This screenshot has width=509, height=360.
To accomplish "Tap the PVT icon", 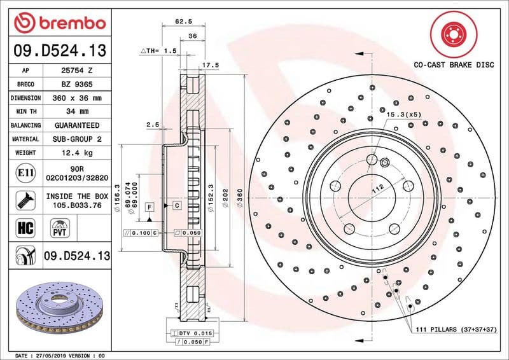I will [x=61, y=227].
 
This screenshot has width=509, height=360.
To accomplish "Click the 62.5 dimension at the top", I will [x=185, y=22].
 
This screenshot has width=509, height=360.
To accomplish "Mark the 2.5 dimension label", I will [x=152, y=125].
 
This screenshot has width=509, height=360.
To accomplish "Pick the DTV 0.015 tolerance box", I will [x=197, y=333].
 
